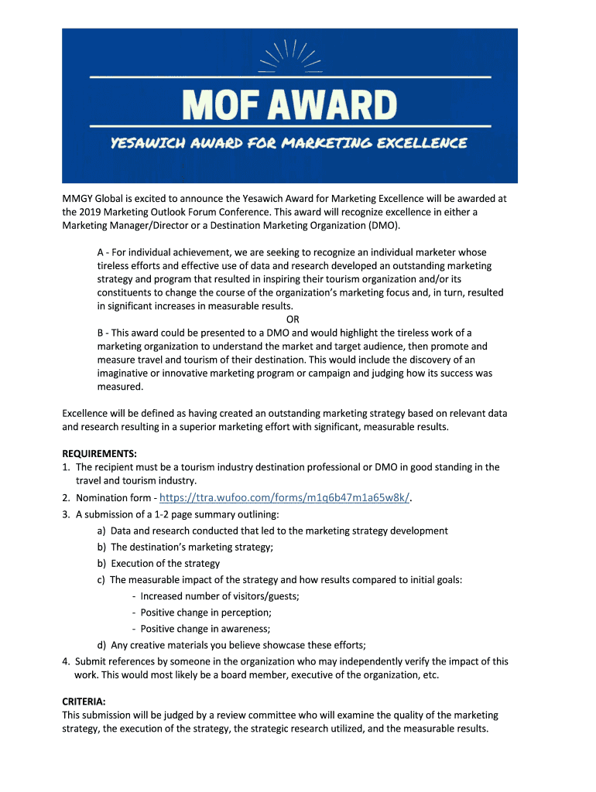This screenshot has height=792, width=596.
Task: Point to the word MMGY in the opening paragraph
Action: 77,199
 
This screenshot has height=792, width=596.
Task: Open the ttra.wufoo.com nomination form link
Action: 284,497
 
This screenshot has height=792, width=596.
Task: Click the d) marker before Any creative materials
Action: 101,645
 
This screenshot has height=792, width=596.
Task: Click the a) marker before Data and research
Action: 101,531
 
